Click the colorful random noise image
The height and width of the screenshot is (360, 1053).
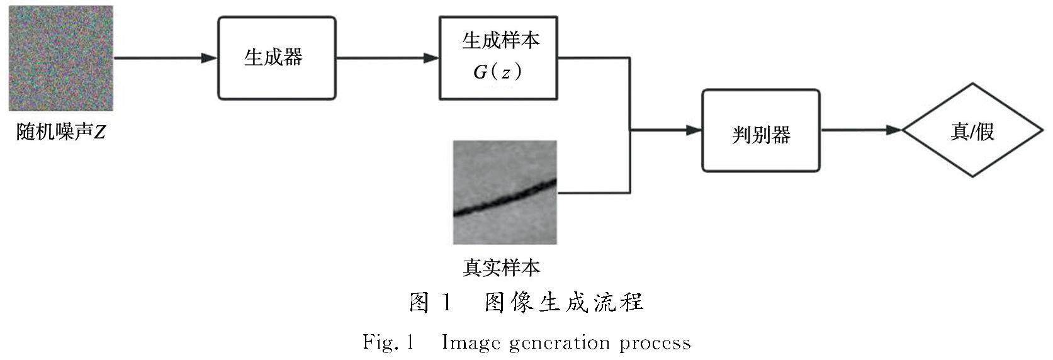coord(60,58)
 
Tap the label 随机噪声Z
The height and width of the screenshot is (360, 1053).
coord(60,133)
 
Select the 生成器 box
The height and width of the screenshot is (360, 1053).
coord(276,58)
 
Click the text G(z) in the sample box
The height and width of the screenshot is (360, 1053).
coord(497,72)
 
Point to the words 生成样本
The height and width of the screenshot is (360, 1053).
coord(500,41)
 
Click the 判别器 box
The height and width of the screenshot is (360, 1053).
coord(760,131)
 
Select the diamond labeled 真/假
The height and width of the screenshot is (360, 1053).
coord(972,131)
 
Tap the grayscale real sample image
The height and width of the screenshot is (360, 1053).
coord(505,192)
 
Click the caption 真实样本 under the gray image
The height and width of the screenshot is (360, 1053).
coord(502,267)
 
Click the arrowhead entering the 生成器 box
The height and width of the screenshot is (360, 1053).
coord(209,58)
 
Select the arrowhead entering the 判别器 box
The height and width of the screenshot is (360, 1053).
coord(694,130)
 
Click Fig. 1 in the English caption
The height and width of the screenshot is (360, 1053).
coord(387,343)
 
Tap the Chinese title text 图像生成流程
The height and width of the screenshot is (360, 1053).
coord(563,303)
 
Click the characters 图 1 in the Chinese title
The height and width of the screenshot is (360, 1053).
coord(431,303)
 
